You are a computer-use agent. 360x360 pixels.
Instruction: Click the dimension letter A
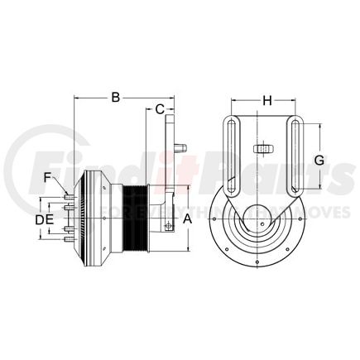coord(187,218)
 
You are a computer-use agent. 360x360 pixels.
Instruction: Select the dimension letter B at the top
coord(118,98)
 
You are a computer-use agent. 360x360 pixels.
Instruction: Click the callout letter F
coord(49,175)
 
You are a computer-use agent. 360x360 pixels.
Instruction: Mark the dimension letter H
coord(266,101)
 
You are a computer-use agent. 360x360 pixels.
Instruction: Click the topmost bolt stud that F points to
coord(65,195)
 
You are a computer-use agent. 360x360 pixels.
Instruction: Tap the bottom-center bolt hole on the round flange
coord(260,265)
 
